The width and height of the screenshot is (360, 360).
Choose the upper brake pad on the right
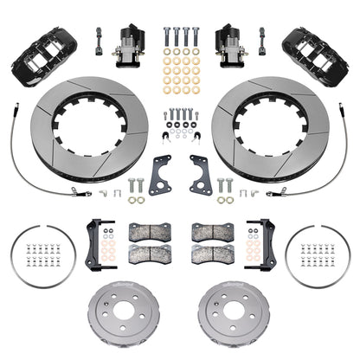tap(210, 232)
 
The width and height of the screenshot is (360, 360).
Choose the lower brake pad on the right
tap(210, 252)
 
